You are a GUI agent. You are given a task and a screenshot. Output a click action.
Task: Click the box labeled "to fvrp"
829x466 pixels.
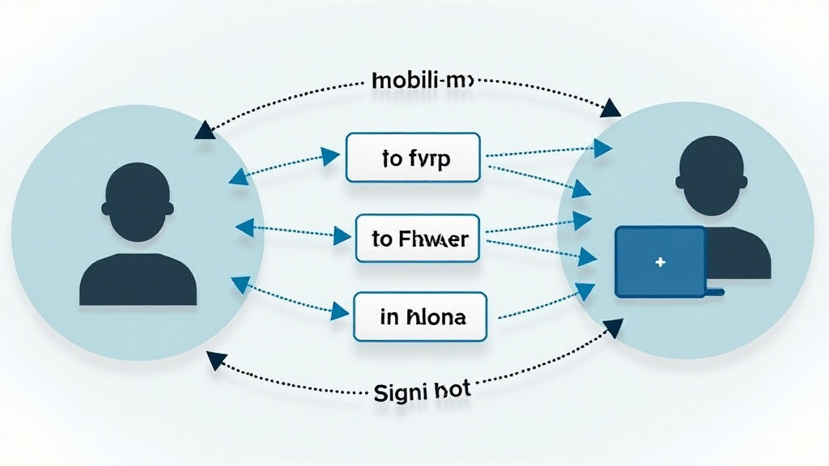pyautogui.click(x=413, y=157)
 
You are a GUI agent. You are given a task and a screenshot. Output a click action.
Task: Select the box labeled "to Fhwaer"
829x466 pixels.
pyautogui.click(x=418, y=238)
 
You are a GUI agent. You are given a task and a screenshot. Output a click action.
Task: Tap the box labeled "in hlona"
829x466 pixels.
pyautogui.click(x=420, y=316)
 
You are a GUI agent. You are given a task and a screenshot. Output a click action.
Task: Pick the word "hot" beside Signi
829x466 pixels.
pyautogui.click(x=452, y=392)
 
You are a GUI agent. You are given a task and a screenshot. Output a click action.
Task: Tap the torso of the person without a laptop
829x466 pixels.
pyautogui.click(x=138, y=279)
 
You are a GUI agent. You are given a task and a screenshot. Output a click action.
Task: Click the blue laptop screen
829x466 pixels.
pyautogui.click(x=661, y=261)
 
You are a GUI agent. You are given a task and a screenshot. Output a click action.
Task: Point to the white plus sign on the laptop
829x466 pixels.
pyautogui.click(x=661, y=262)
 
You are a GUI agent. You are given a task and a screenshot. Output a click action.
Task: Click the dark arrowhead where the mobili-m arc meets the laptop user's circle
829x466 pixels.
pyautogui.click(x=611, y=108)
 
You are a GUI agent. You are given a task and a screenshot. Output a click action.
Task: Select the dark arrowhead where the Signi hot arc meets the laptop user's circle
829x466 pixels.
pyautogui.click(x=614, y=328)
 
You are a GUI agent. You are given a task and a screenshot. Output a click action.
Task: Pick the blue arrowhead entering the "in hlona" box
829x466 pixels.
pyautogui.click(x=339, y=310)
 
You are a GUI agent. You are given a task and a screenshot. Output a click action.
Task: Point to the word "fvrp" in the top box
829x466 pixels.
pyautogui.click(x=429, y=158)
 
